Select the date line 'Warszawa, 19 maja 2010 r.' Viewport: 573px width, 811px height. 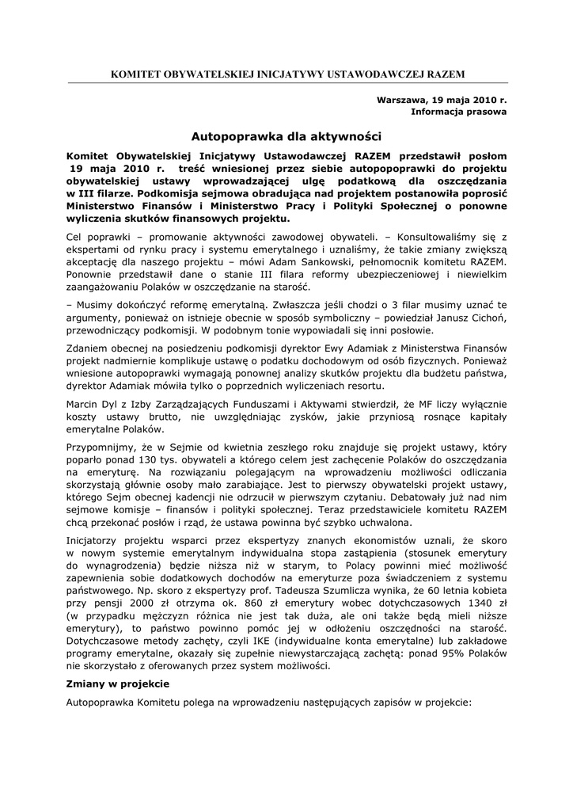pos(442,101)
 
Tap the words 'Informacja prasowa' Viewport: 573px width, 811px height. pos(459,112)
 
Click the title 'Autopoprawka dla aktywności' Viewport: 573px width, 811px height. pos(286,136)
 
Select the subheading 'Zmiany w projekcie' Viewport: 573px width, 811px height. pos(118,683)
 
